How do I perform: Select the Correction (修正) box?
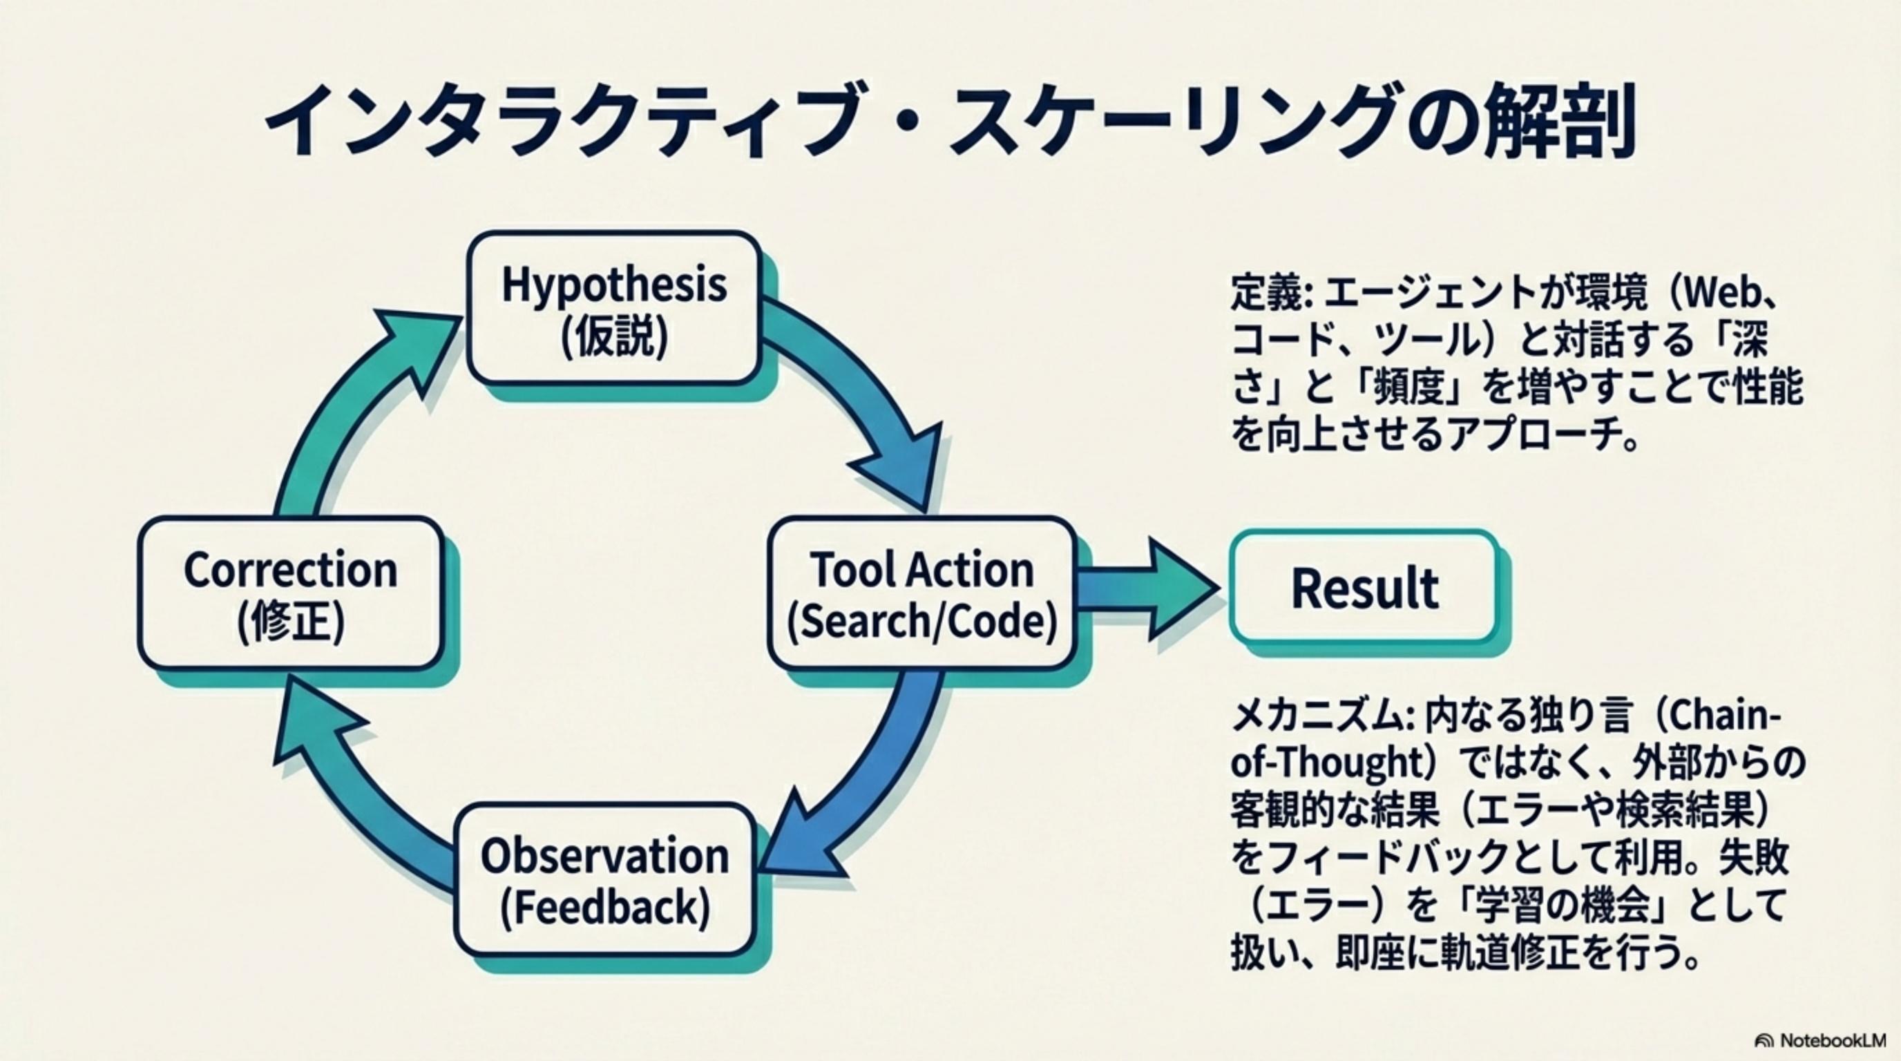pos(291,593)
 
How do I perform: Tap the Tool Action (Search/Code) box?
pos(921,593)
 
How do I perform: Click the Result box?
pos(1364,586)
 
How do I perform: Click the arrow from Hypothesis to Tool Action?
pos(871,399)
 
